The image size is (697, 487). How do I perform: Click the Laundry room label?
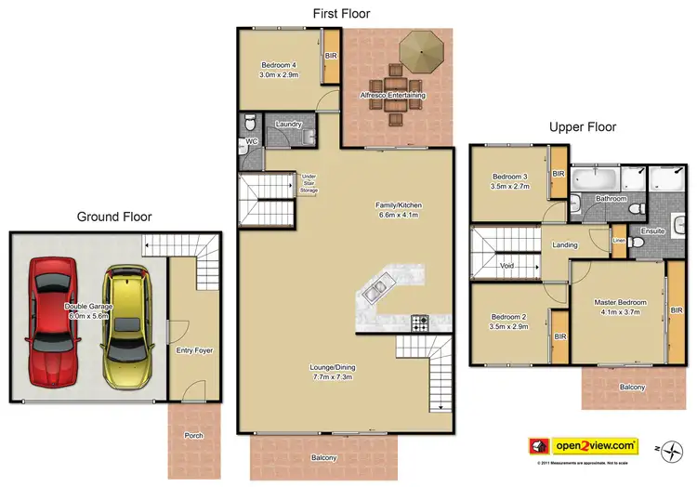(290, 124)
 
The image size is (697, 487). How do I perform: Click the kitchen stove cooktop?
(420, 323)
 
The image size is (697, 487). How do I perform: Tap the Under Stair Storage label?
(310, 182)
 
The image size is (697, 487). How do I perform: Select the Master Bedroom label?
(620, 307)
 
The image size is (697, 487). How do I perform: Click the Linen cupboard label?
(619, 241)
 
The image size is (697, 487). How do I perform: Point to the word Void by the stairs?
(507, 264)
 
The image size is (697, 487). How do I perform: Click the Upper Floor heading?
(582, 127)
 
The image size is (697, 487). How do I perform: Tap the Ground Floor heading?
(114, 217)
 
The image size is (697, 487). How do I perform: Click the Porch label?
(193, 436)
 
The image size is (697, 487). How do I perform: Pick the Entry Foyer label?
(194, 350)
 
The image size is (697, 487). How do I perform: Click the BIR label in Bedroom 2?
(559, 336)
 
